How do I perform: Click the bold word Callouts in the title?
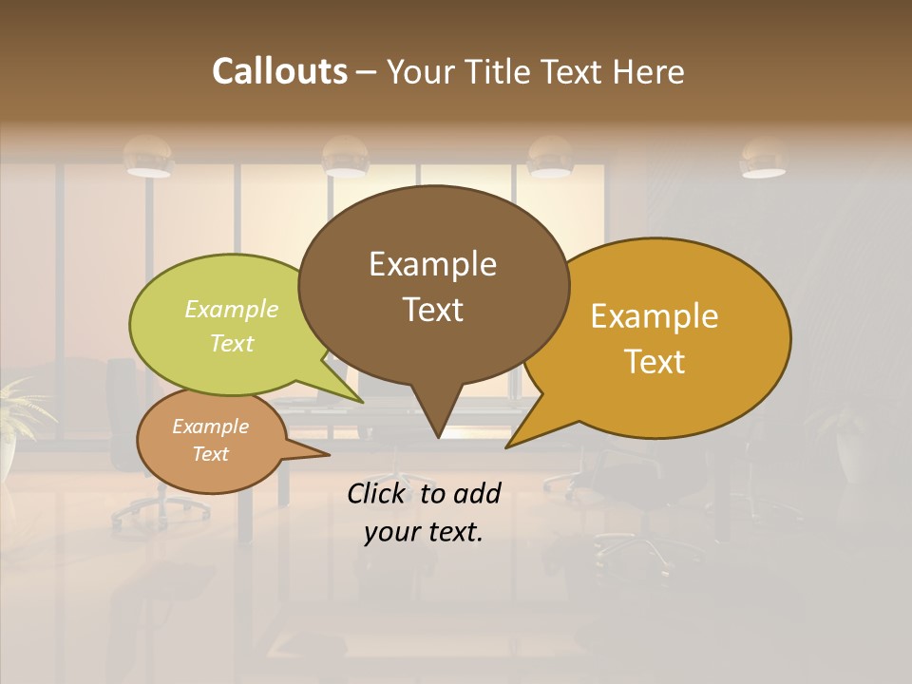tap(279, 71)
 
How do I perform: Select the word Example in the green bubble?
tap(232, 309)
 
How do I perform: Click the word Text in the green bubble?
tap(232, 343)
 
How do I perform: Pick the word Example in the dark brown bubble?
tap(432, 264)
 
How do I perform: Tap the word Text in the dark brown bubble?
tap(432, 310)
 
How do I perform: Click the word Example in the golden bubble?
tap(655, 316)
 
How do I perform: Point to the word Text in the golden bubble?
tap(655, 362)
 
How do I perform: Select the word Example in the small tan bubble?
tap(210, 427)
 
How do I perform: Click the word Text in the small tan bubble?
tap(210, 454)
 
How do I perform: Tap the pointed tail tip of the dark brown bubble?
tap(438, 437)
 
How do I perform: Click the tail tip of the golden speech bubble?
tap(508, 446)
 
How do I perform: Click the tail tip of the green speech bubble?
tap(362, 402)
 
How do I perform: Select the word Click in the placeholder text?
tap(378, 493)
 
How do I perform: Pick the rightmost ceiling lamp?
tap(763, 160)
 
